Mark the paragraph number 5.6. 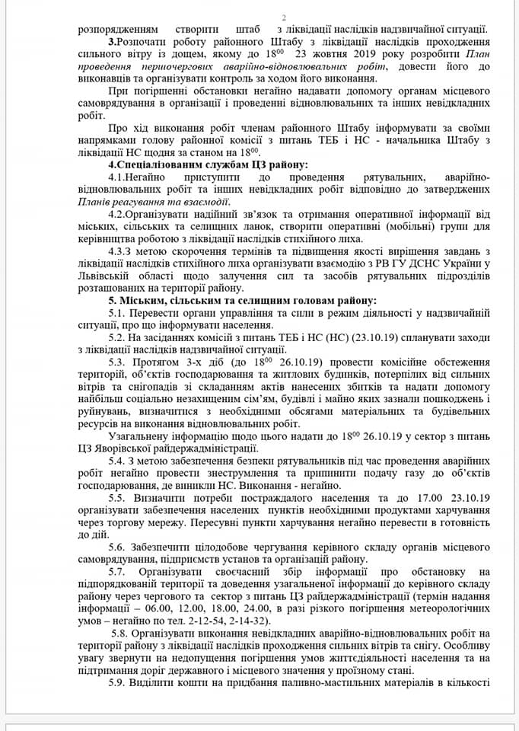119,547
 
